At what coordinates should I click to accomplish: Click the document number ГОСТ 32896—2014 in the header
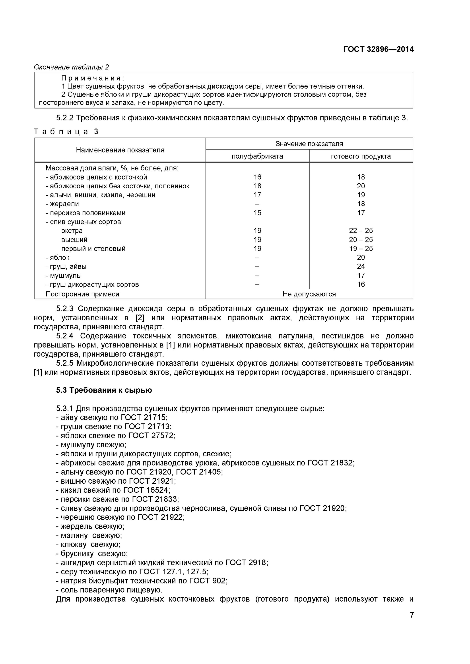[378, 49]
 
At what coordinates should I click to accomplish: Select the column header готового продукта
[361, 156]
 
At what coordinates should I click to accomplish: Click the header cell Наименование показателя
[120, 150]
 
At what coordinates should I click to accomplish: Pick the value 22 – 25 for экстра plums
[361, 231]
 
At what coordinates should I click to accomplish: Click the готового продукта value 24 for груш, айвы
[361, 266]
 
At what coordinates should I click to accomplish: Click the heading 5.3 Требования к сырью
[104, 390]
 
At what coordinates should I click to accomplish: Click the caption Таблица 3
[66, 132]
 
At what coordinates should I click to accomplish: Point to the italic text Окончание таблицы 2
[71, 67]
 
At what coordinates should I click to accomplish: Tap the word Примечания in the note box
[92, 78]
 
